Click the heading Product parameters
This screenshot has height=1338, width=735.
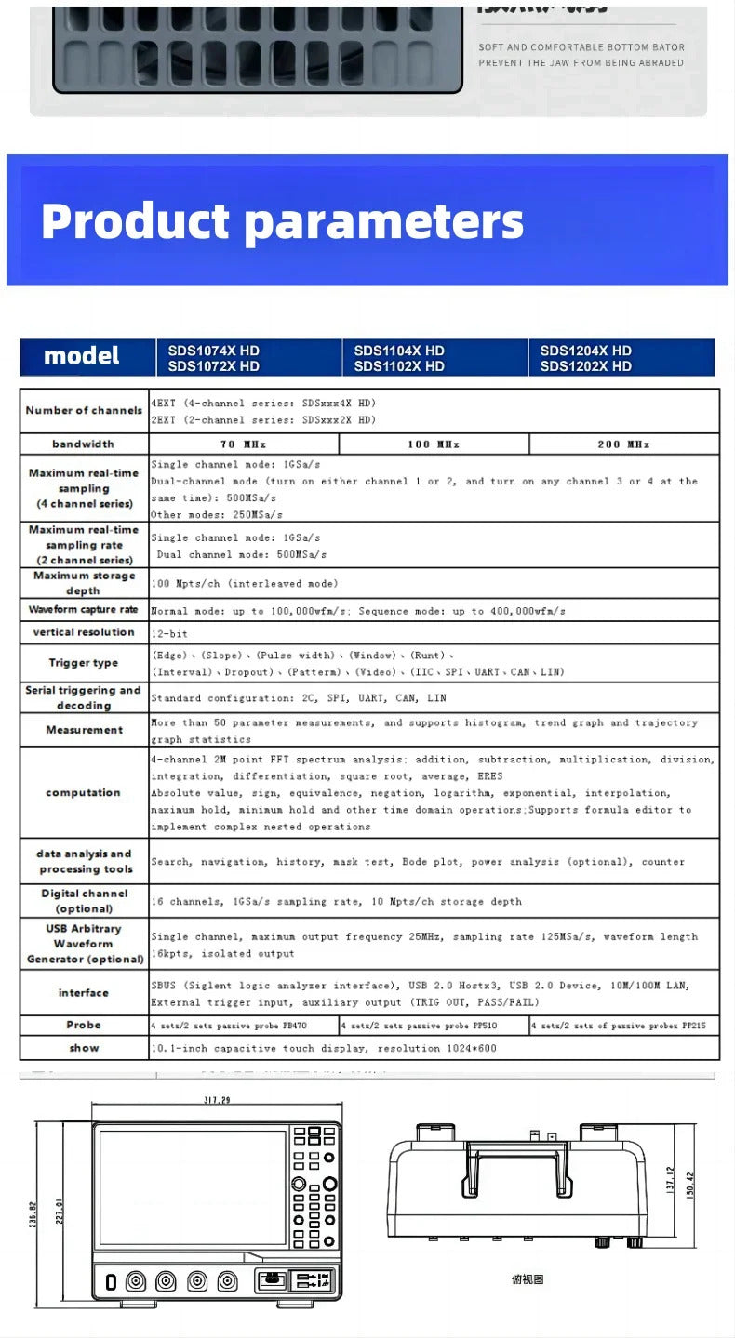coord(282,221)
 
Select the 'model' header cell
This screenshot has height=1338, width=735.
coord(82,356)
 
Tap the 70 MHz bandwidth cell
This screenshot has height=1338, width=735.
coord(243,444)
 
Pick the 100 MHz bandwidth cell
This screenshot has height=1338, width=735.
coord(434,444)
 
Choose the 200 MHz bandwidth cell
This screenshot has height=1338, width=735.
coord(623,444)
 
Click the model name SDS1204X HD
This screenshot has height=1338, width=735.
coord(585,351)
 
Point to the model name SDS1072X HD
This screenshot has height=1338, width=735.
coord(213,366)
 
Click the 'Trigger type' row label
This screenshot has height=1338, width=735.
coord(84,663)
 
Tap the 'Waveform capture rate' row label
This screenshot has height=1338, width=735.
coord(84,610)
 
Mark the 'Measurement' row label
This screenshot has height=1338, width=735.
coord(84,730)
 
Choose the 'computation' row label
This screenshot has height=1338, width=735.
coord(84,793)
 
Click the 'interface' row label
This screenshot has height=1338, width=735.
coord(84,993)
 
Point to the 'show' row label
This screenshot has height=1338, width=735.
coord(84,1048)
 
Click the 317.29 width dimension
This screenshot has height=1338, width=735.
coord(216,1101)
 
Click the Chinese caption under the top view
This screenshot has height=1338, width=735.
coord(527,1279)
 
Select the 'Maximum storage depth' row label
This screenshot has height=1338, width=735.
coord(84,583)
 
